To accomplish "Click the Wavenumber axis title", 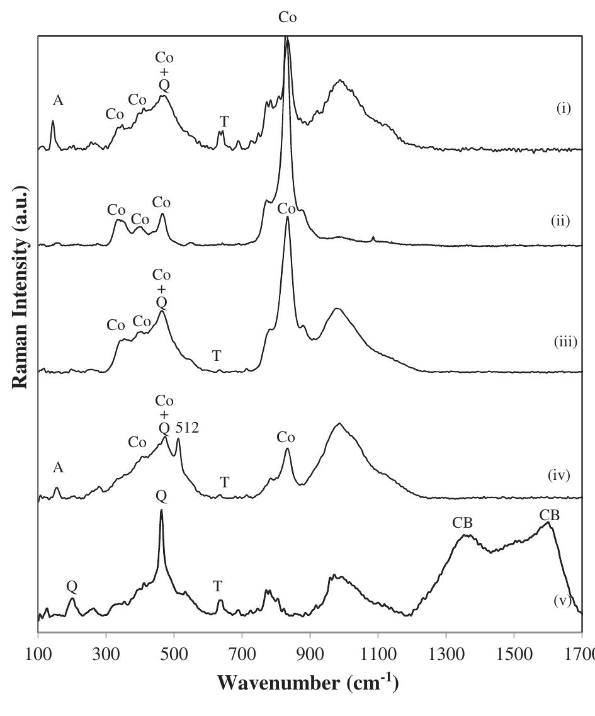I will tap(307, 683).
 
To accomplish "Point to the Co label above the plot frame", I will tap(288, 18).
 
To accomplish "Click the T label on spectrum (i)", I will tap(224, 121).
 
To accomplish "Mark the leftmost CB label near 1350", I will tap(463, 523).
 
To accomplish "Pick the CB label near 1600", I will tap(549, 516).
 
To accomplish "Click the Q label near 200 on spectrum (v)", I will tap(72, 587).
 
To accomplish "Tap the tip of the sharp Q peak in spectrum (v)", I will tap(161, 510).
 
